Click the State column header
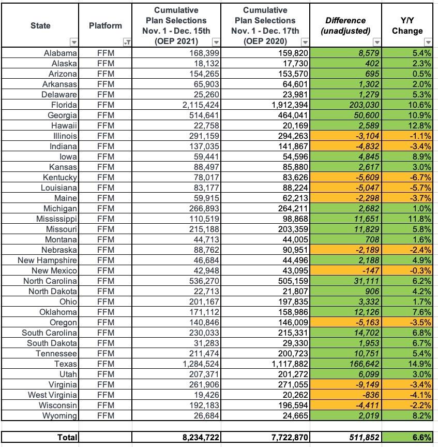click(x=40, y=25)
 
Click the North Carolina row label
click(x=50, y=281)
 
